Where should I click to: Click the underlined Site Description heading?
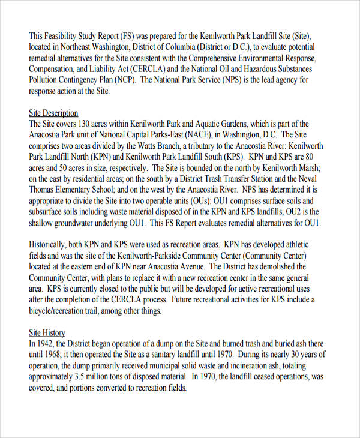point(53,113)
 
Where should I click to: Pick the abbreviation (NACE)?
point(203,135)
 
